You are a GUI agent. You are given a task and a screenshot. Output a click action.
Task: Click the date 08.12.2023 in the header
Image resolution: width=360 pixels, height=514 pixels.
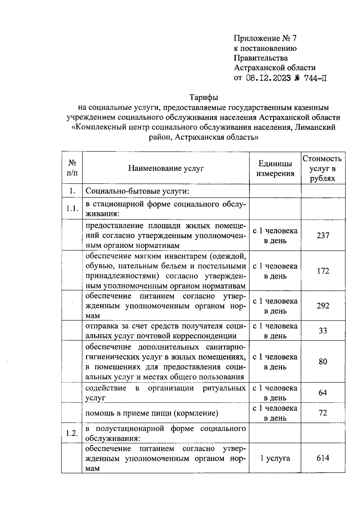[x=268, y=78]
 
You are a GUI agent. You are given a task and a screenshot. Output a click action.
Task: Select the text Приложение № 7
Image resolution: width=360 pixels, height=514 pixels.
[x=265, y=38]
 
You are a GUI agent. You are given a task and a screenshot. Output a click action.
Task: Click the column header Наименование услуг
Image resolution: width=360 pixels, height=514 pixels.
[x=166, y=168]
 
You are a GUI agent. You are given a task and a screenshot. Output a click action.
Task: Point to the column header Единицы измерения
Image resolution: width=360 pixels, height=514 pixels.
[x=275, y=168]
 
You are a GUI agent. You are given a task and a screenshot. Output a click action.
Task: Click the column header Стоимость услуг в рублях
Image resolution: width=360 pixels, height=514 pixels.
[x=322, y=168]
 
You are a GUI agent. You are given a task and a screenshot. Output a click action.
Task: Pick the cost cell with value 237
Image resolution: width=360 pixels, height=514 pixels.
[x=323, y=236]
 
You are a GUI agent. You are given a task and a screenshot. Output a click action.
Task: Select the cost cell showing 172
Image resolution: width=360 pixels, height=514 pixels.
[x=323, y=271]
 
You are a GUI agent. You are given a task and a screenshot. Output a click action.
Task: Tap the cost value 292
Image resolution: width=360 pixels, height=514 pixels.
[x=323, y=306]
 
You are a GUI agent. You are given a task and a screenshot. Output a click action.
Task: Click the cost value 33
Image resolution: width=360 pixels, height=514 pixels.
[x=323, y=331]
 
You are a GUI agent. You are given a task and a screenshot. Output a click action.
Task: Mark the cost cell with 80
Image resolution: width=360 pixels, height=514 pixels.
[x=323, y=362]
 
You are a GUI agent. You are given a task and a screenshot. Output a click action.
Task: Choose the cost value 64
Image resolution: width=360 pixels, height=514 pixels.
[x=323, y=393]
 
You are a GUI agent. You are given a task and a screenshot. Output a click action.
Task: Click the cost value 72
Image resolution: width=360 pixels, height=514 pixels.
[x=323, y=413]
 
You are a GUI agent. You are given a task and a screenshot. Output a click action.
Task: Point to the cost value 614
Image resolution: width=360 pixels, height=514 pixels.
[x=323, y=458]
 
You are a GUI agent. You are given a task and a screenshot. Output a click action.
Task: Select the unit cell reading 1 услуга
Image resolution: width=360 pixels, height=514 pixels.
[x=275, y=458]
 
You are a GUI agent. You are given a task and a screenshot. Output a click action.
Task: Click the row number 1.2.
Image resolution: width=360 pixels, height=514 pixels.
[x=72, y=433]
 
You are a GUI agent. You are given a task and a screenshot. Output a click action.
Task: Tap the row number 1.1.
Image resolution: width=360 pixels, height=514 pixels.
[x=72, y=209]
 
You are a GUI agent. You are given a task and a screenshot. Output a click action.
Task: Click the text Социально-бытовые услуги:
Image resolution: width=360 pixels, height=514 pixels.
[x=137, y=191]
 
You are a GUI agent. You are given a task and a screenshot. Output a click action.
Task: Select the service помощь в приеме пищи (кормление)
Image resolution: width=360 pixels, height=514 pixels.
[x=151, y=413]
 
